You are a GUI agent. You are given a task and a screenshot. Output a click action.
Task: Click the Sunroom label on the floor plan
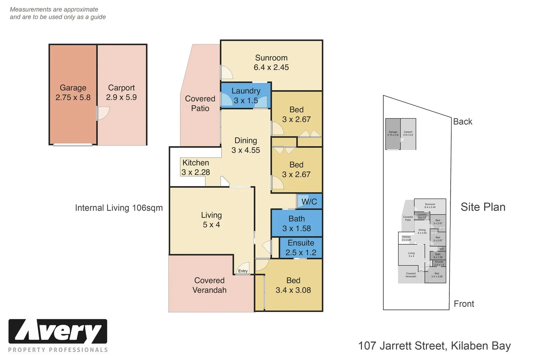tap(271, 58)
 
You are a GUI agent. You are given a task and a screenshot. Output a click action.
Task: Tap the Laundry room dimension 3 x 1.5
tap(246, 100)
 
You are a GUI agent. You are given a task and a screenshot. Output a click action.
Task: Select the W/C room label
tap(309, 202)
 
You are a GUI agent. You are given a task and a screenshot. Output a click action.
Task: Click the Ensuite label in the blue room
tap(301, 243)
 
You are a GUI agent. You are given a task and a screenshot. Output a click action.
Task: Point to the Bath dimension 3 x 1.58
tap(296, 229)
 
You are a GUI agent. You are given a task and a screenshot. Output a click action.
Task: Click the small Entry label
tap(243, 271)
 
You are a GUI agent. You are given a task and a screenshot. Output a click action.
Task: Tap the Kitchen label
tap(196, 163)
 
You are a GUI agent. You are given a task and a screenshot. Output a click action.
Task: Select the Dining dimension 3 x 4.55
tap(246, 150)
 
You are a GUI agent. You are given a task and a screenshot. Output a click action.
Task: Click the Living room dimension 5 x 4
tap(211, 225)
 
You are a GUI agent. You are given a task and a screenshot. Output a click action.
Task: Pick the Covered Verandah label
tap(209, 285)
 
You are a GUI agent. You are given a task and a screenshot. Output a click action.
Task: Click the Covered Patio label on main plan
tap(200, 103)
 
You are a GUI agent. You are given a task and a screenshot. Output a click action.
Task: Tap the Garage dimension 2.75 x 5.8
tap(73, 98)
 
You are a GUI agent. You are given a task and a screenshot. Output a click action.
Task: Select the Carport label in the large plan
tap(121, 88)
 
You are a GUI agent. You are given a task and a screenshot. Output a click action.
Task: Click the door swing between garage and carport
tap(103, 113)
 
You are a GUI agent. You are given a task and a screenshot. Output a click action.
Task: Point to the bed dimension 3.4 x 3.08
tap(293, 290)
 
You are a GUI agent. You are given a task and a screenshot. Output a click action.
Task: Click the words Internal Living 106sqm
tap(119, 208)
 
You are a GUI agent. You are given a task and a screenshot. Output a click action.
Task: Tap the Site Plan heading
tap(483, 207)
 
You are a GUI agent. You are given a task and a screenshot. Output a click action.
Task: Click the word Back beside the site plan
tap(463, 122)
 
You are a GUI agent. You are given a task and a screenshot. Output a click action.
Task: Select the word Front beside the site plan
tap(464, 304)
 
